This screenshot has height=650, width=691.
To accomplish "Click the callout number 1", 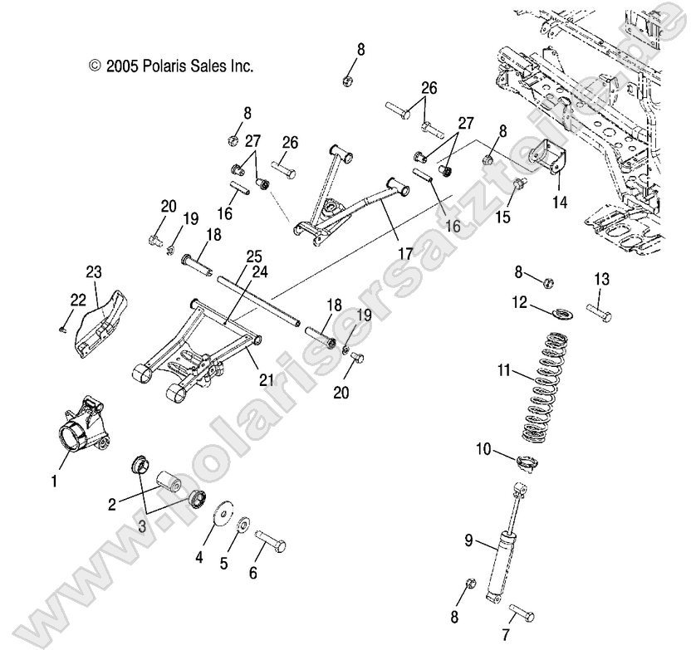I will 55,481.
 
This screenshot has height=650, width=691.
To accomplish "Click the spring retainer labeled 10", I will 527,462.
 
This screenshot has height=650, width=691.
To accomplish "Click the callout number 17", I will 404,254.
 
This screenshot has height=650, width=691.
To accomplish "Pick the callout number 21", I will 265,356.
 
